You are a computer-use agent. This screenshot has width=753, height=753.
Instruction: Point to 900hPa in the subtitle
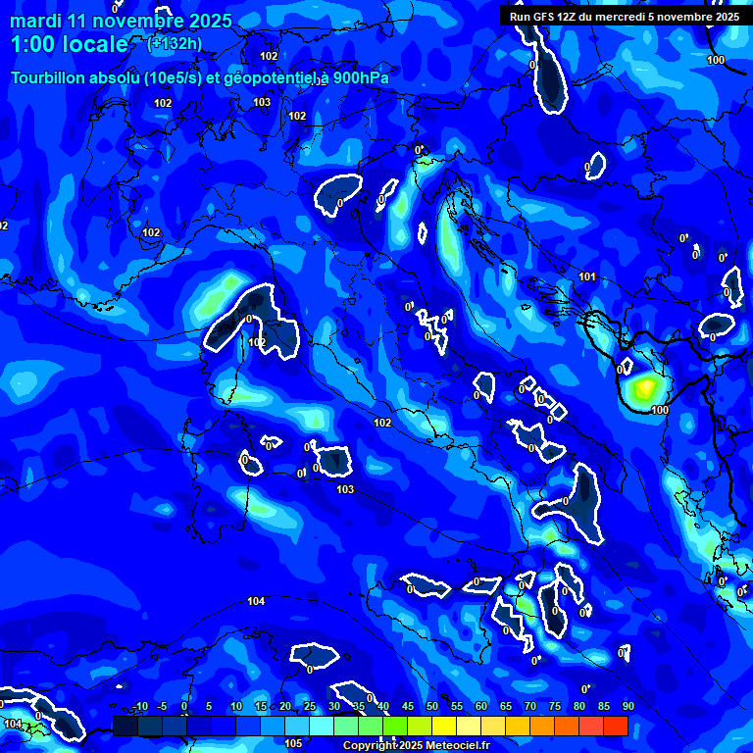[x=360, y=78]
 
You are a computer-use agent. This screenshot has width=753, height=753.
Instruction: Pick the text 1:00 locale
[x=70, y=44]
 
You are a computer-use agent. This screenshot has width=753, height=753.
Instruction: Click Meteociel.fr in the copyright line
[x=457, y=746]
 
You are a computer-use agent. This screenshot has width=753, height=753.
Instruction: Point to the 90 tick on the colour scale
[x=627, y=707]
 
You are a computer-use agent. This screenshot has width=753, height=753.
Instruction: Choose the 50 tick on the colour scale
[x=432, y=707]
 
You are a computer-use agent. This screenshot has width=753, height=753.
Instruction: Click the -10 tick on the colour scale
[x=139, y=707]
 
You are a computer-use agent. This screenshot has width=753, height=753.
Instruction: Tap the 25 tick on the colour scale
[x=310, y=707]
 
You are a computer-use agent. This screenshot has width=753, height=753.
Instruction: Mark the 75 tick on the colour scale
[x=555, y=707]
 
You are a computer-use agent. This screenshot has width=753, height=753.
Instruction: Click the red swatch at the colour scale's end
[x=615, y=726]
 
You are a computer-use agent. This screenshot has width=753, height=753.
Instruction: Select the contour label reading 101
[x=587, y=276]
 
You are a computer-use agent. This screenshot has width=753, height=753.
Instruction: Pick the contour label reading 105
[x=293, y=743]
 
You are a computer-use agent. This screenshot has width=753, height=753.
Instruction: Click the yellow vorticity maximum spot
[x=643, y=388]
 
